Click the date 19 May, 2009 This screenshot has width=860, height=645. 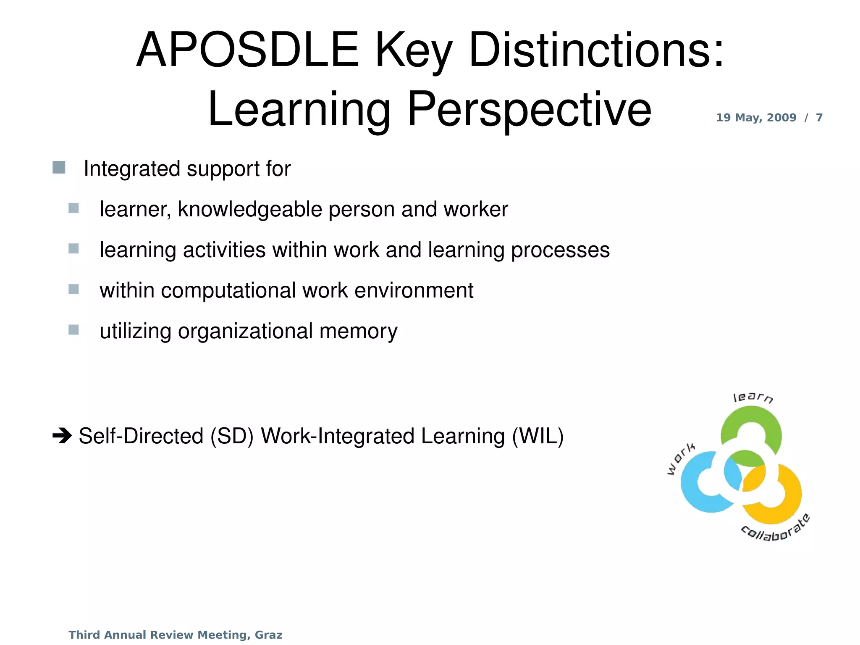coord(756,118)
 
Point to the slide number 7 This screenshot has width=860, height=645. coord(819,118)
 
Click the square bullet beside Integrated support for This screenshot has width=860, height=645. coord(59,168)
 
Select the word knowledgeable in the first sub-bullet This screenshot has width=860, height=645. coord(250,209)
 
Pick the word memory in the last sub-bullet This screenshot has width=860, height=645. coord(358,331)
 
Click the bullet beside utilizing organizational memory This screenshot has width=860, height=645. coord(73,330)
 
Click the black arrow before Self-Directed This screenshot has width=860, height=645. coord(62,436)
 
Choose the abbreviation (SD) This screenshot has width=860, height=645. coord(232,436)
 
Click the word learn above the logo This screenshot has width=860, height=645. coord(753,398)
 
